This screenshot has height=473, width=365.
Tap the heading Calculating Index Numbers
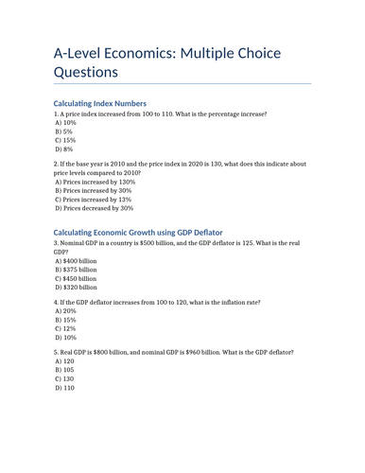tap(100, 102)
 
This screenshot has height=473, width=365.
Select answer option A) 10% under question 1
tap(65, 124)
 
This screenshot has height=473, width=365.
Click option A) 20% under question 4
tap(65, 311)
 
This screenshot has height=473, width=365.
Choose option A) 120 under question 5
tap(64, 361)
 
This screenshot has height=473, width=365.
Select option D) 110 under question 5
tap(64, 388)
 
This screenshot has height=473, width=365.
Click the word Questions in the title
tap(86, 72)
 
